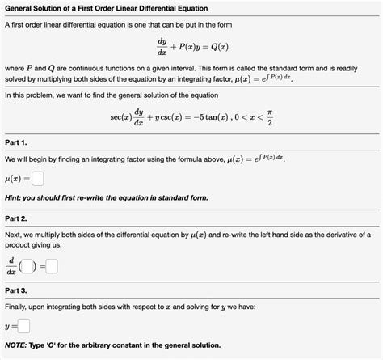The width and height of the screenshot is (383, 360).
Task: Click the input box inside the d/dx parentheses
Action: pyautogui.click(x=27, y=265)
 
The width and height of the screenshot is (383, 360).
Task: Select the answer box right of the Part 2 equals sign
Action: pyautogui.click(x=52, y=265)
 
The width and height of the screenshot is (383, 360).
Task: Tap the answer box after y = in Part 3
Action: pyautogui.click(x=23, y=327)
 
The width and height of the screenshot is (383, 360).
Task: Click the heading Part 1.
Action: pyautogui.click(x=16, y=142)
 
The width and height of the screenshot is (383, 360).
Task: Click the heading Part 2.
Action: pyautogui.click(x=16, y=218)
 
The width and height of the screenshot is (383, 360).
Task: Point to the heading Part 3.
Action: pyautogui.click(x=16, y=290)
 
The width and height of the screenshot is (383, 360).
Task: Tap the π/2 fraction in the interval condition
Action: pyautogui.click(x=269, y=118)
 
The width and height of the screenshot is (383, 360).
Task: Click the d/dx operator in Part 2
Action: pyautogui.click(x=11, y=265)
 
